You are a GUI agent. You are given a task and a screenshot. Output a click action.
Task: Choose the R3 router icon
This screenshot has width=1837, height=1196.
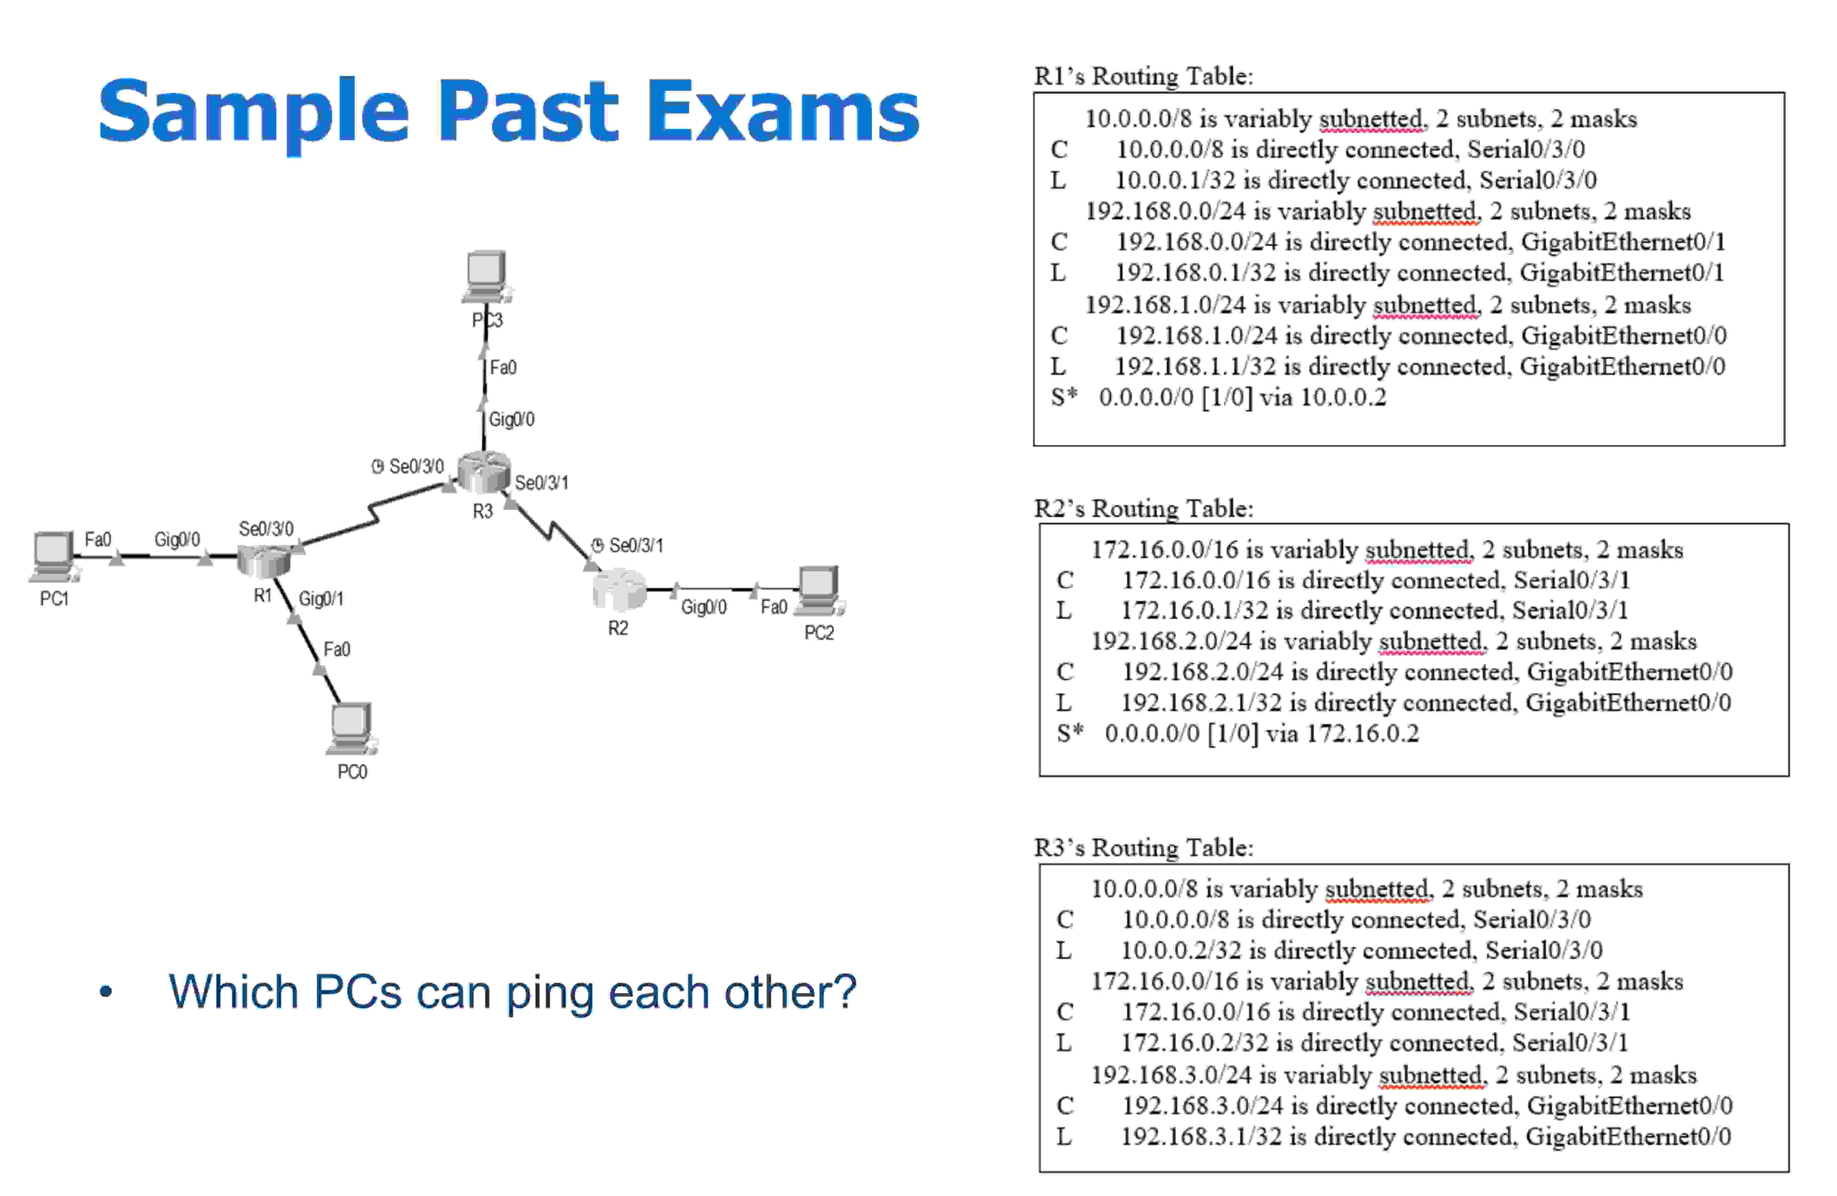483,471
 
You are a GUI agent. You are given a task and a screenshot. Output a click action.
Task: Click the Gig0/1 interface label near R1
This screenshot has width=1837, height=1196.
321,599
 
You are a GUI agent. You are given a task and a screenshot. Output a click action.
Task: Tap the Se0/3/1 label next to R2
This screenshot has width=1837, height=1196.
635,546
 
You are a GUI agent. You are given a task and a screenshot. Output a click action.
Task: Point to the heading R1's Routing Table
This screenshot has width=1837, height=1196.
1143,76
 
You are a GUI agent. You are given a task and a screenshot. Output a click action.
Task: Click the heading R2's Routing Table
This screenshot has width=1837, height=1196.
1143,509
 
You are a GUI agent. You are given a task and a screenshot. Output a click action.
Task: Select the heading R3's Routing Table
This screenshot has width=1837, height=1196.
1143,847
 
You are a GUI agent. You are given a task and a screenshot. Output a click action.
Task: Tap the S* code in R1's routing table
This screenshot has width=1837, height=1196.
1064,397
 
